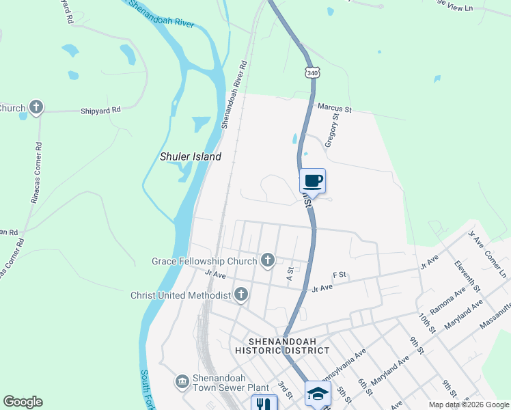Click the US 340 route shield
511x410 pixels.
312,72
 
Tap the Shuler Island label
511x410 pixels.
191,156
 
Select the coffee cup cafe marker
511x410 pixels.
313,181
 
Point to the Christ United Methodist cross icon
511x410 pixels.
240,295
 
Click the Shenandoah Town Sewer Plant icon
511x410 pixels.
182,381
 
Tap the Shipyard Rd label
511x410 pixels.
100,109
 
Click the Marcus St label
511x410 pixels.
334,108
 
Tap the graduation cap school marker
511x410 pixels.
318,394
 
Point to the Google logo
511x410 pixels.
23,402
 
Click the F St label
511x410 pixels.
340,275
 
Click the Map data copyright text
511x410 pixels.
468,405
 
